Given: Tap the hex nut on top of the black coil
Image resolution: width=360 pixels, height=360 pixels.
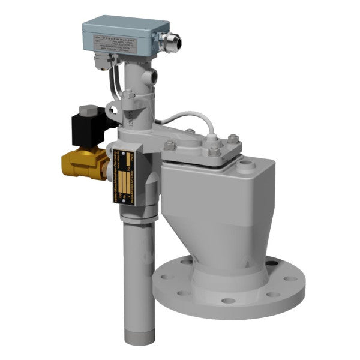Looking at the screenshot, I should point(91,111).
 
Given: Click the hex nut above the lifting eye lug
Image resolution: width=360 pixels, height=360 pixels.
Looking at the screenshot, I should point(128,94).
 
